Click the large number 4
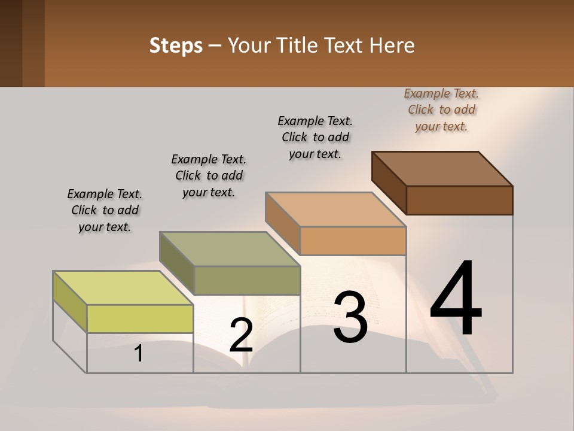(x=456, y=299)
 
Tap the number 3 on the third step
(x=350, y=317)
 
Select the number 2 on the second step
(x=241, y=335)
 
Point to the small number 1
(x=139, y=354)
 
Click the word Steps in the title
(x=176, y=45)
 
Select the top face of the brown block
(x=442, y=168)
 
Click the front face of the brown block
(x=459, y=200)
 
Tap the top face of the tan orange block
(x=336, y=210)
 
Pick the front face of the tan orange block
(x=353, y=241)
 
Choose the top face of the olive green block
(x=230, y=249)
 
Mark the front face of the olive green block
(x=247, y=280)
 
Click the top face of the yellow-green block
(x=123, y=287)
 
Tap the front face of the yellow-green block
(x=140, y=318)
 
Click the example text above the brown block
(x=441, y=110)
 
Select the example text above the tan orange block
(x=315, y=137)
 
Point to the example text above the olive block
(x=209, y=175)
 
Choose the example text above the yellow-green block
(x=105, y=210)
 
